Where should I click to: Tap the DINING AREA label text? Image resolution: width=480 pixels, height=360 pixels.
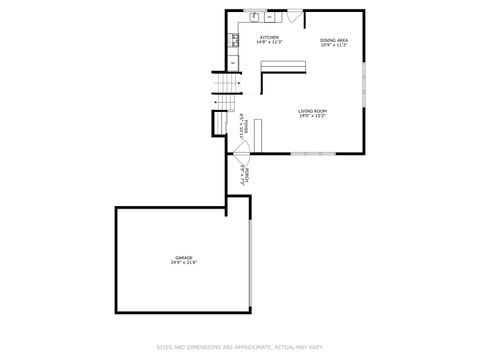[x=334, y=39]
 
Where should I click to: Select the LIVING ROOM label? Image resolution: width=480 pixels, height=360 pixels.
[x=313, y=110]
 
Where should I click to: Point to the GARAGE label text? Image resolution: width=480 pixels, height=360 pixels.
[x=184, y=258]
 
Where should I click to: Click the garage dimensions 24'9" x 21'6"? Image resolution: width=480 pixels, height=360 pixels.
[x=184, y=263]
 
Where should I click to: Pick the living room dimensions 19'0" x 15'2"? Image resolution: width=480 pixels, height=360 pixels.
[x=313, y=115]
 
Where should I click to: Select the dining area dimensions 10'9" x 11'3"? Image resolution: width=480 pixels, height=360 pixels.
[x=334, y=44]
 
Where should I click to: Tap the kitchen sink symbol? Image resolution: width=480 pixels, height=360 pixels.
[x=254, y=17]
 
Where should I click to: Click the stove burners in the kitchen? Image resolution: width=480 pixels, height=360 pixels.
[x=233, y=40]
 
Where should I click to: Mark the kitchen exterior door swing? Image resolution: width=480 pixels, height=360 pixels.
[x=293, y=17]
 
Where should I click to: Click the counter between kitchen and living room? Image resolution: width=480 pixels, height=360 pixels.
[x=283, y=65]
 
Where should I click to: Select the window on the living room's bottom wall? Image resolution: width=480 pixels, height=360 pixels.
[x=306, y=154]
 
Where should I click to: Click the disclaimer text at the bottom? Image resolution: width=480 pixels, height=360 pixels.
[x=240, y=347]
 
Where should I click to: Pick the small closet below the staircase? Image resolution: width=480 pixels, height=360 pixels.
[x=219, y=121]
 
